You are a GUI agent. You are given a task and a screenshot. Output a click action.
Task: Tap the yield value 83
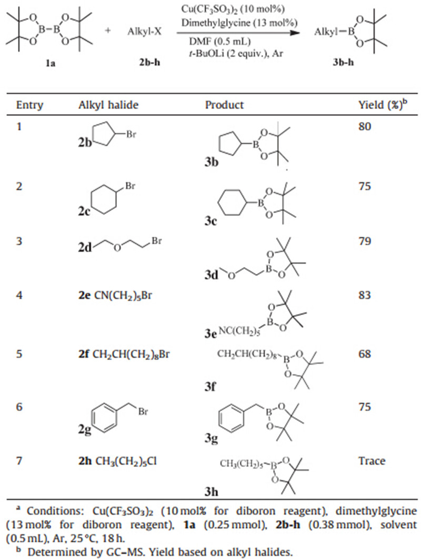(364, 304)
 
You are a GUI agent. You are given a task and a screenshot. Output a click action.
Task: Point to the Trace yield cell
(370, 461)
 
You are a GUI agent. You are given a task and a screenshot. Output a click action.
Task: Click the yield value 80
(364, 127)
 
